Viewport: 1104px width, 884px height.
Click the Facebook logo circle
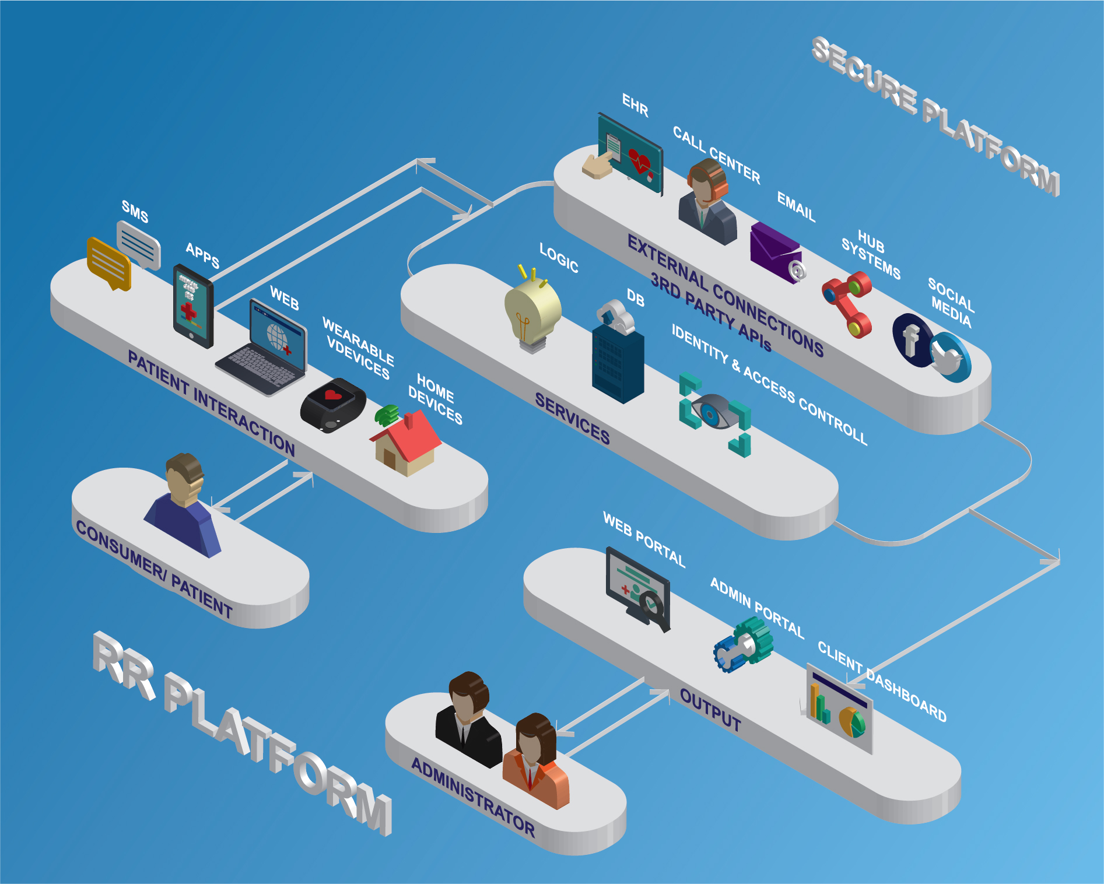click(x=910, y=340)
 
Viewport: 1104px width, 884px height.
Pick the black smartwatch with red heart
click(x=333, y=405)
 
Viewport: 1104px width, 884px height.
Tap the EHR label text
click(x=635, y=106)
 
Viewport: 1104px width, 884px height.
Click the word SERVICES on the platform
click(x=572, y=418)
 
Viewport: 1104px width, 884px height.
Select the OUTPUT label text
click(x=710, y=709)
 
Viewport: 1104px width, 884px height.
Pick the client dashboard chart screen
click(x=839, y=708)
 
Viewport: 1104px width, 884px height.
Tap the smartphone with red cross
click(x=193, y=306)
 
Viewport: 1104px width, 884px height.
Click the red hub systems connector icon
click(x=847, y=303)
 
